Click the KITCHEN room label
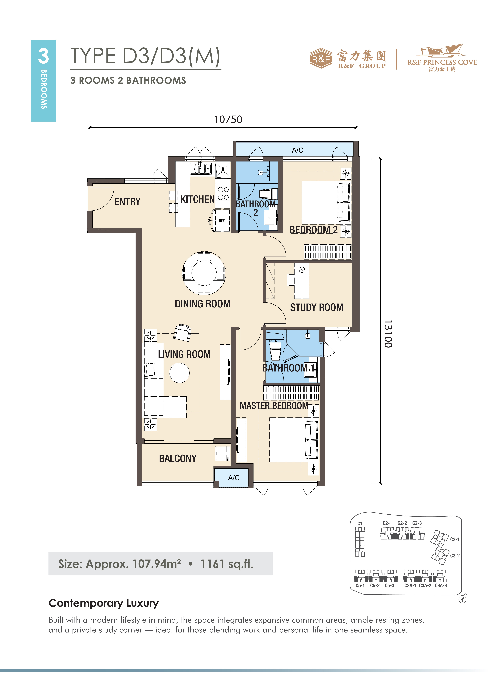tap(198, 200)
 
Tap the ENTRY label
tap(127, 202)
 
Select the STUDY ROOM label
tap(317, 307)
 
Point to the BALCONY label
tap(178, 459)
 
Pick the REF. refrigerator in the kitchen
tap(222, 221)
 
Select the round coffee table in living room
tap(179, 373)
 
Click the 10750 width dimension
tap(228, 119)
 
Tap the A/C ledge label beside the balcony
tap(234, 478)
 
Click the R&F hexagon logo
tap(321, 58)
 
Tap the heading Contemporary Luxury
tap(104, 603)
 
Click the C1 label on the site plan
tap(360, 524)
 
